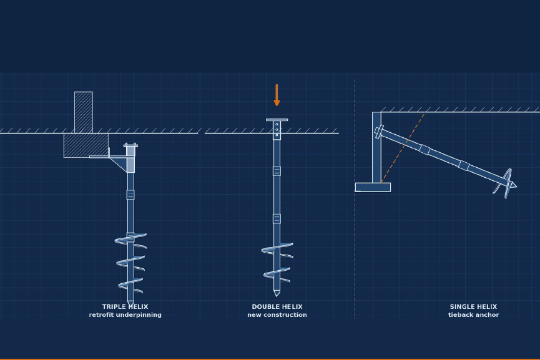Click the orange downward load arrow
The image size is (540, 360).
tap(277, 95)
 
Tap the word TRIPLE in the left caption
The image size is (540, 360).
tap(113, 306)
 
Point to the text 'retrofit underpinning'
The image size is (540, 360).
tap(125, 315)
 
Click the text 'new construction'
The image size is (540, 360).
tap(277, 315)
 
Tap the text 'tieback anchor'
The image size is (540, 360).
tap(474, 315)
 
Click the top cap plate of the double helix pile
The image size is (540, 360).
tap(277, 120)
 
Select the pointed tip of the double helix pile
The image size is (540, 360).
tap(277, 293)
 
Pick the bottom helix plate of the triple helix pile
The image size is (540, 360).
tap(130, 286)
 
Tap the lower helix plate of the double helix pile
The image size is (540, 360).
tap(277, 275)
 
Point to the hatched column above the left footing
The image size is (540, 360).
tap(84, 112)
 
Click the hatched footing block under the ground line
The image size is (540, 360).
tap(86, 145)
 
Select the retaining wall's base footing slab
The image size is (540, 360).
tap(373, 187)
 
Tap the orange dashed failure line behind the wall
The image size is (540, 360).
tap(403, 148)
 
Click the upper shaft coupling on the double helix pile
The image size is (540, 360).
tap(277, 171)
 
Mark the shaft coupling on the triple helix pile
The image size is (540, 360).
tap(130, 195)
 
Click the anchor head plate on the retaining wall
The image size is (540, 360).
tap(380, 132)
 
